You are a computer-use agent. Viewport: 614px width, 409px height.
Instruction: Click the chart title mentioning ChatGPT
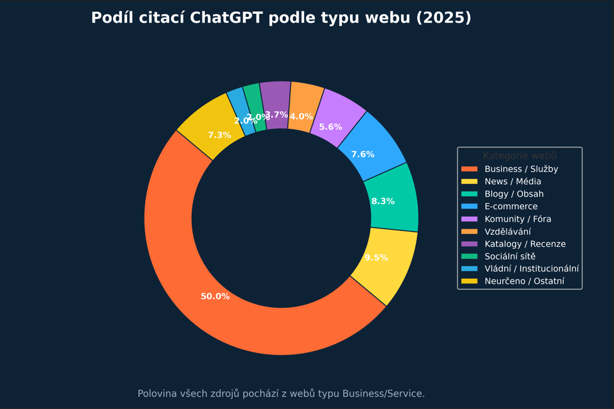coord(281,18)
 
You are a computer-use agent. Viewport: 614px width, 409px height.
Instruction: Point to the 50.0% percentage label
coord(215,297)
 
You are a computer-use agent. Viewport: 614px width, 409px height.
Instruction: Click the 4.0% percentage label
coord(301,117)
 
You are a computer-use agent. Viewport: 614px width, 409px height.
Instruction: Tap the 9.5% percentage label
coord(376,258)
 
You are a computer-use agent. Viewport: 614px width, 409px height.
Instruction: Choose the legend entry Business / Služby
coord(521,169)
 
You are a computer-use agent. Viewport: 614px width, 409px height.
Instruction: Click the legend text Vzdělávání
coord(507,232)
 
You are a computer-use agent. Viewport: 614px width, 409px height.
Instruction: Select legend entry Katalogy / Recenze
coord(525,244)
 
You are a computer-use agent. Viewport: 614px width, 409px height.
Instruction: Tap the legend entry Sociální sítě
coord(510,256)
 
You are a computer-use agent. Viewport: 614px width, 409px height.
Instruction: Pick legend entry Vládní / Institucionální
coord(531,269)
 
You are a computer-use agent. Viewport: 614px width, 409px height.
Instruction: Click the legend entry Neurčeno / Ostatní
coord(524,281)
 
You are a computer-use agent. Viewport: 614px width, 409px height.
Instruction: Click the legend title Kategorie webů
coord(519,156)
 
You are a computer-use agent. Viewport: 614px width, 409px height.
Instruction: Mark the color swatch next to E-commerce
coord(469,207)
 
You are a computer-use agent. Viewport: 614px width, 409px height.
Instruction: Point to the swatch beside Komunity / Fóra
coord(469,219)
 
